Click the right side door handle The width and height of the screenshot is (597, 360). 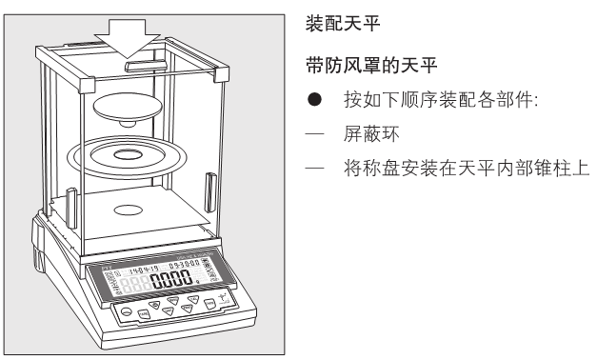208,185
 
